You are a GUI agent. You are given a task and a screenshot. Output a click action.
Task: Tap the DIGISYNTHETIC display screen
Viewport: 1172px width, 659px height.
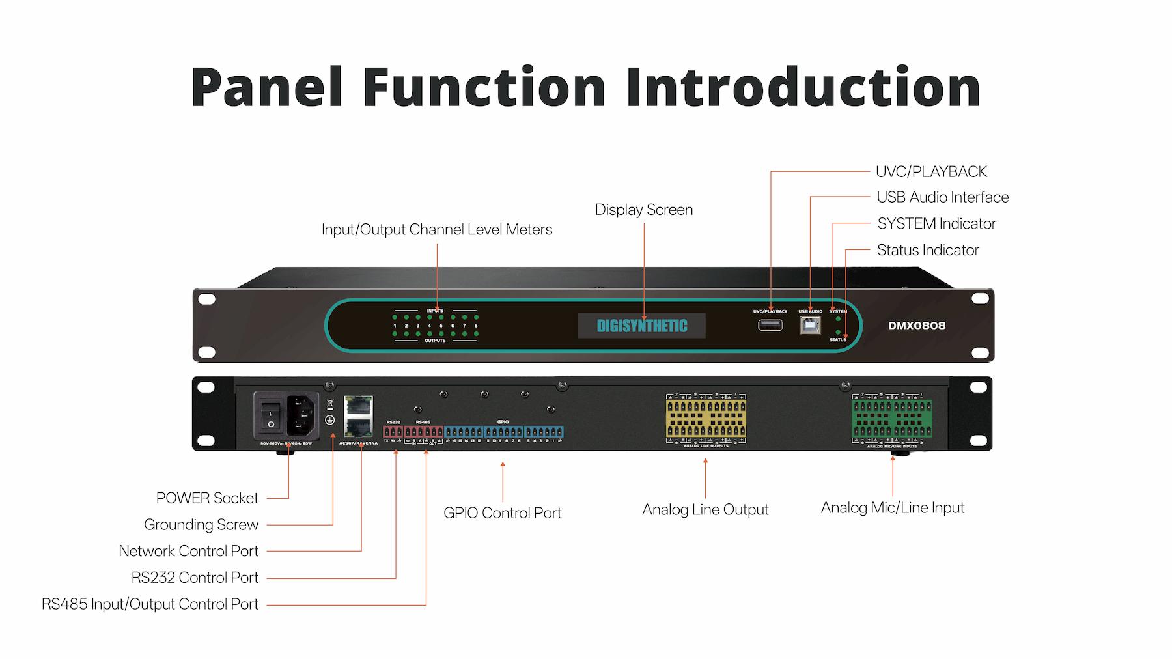point(642,326)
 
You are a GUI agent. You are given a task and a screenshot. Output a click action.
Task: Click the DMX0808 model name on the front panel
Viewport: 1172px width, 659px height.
point(917,326)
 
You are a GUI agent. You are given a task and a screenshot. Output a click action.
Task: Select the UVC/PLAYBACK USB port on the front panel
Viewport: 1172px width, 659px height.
point(770,325)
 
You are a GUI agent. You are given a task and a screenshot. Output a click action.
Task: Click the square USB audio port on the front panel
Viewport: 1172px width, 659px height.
point(810,326)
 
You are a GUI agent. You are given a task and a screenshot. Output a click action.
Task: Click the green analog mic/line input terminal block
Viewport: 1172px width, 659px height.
point(892,419)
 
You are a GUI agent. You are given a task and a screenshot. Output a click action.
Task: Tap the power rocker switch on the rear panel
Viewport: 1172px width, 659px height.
point(270,413)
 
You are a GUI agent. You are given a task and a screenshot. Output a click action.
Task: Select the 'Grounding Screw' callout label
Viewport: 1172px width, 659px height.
point(201,525)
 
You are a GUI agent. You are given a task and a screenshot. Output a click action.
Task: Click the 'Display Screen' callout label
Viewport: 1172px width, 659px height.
point(644,210)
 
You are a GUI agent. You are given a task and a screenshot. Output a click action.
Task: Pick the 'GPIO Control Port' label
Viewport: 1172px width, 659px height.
point(502,513)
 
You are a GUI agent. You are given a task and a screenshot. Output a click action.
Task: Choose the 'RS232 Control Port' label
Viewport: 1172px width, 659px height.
point(195,578)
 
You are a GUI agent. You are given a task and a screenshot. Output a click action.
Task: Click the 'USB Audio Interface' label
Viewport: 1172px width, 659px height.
point(942,197)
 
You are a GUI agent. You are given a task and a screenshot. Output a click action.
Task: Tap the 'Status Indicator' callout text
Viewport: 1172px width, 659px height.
point(928,250)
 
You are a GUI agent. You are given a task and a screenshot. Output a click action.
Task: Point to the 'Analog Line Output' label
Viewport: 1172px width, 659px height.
point(705,510)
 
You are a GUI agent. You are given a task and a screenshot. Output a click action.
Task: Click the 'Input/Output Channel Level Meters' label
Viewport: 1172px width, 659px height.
point(437,230)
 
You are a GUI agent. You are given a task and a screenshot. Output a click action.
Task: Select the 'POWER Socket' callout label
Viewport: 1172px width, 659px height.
point(207,498)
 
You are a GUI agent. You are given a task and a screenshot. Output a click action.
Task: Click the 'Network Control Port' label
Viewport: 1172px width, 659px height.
point(188,551)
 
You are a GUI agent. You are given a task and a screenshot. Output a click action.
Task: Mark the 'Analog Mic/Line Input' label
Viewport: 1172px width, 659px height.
point(892,508)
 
